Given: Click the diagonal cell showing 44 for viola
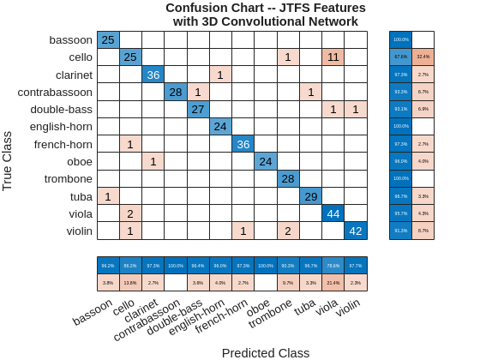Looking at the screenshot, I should [333, 213].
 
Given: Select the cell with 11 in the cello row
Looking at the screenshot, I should [333, 57].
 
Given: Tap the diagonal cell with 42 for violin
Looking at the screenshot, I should [356, 231].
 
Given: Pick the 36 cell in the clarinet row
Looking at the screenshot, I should [153, 75].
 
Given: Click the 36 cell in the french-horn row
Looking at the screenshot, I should [243, 144].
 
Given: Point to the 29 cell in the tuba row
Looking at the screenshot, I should [310, 196].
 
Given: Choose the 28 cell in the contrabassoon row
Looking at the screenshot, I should [176, 92].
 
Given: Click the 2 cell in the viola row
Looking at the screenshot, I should [130, 213].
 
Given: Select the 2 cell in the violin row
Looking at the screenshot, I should [288, 231].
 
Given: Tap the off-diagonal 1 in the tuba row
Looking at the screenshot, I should [108, 196].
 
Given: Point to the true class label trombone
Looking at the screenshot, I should [69, 179].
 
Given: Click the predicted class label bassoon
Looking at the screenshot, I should [93, 311].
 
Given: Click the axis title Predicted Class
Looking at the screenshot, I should [266, 352].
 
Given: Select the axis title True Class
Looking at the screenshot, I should [8, 160].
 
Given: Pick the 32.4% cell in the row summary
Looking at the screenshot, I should [423, 57].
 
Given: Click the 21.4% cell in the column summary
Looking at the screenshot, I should [333, 282].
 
